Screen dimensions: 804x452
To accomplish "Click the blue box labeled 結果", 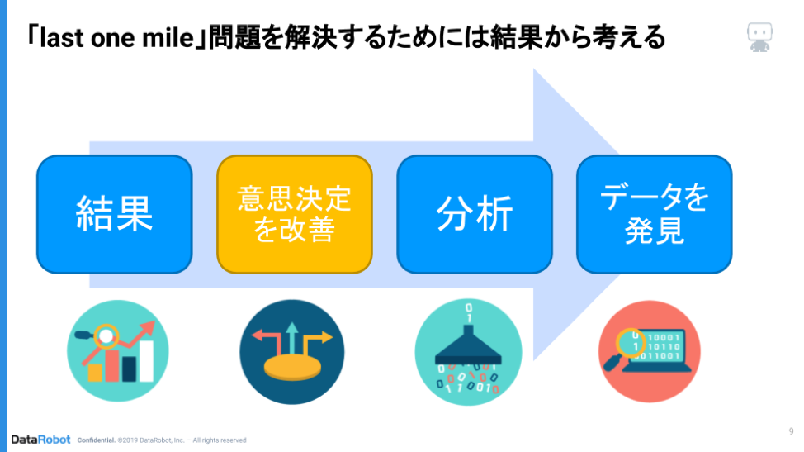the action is [x=115, y=214].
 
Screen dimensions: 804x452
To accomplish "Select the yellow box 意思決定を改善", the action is [x=295, y=214].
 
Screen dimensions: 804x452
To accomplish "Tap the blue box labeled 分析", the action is [x=475, y=214].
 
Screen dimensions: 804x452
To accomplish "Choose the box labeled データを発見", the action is [x=655, y=214].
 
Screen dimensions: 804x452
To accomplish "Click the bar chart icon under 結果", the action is [x=118, y=351].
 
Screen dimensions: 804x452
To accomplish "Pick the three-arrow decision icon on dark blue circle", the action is [x=291, y=352].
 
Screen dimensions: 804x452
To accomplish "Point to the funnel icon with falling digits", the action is [x=468, y=352].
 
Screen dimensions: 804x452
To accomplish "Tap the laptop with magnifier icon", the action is [x=649, y=351].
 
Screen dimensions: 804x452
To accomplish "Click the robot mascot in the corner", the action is [x=759, y=37].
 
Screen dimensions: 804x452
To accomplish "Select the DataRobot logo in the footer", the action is [x=40, y=440].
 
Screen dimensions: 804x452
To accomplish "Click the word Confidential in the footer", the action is [x=96, y=440].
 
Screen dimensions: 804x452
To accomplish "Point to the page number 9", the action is [x=791, y=431].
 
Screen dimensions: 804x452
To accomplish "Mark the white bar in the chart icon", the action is [x=147, y=360].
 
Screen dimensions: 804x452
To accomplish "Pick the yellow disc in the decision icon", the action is [x=292, y=369].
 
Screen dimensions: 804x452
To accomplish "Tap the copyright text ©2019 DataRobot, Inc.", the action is [x=151, y=440].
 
